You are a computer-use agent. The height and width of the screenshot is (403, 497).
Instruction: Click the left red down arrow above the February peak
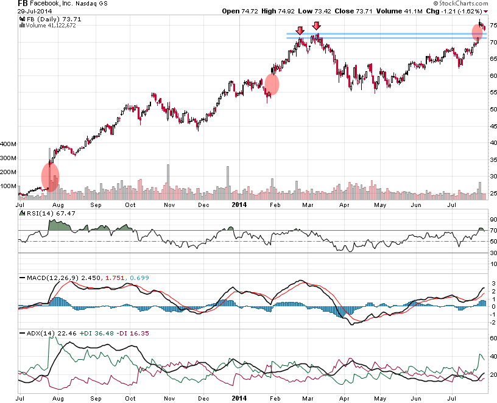tap(300, 30)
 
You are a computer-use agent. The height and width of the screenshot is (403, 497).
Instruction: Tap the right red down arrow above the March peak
tap(315, 26)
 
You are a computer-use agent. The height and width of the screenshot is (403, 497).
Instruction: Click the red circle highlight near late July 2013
tap(50, 175)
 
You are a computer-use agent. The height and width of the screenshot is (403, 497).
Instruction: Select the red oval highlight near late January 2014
tap(272, 84)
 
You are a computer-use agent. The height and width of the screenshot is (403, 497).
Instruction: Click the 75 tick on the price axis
tap(493, 26)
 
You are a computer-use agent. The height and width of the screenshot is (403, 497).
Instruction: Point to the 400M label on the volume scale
tap(9, 144)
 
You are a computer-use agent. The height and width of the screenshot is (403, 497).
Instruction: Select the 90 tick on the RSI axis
tap(493, 220)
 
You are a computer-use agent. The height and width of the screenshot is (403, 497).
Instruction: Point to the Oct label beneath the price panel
tap(130, 205)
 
